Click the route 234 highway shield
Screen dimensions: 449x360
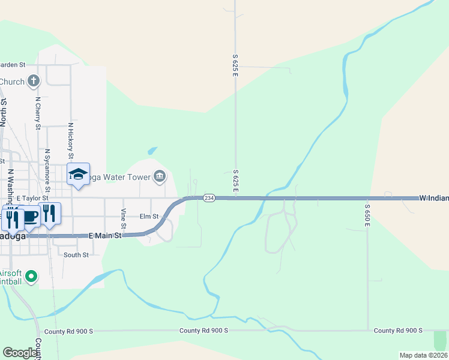click(208, 198)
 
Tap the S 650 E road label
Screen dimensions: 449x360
click(367, 215)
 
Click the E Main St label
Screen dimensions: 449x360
click(105, 236)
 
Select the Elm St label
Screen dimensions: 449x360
click(149, 216)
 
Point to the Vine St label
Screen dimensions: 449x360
click(123, 218)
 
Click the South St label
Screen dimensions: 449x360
click(76, 255)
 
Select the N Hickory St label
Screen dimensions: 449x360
click(70, 142)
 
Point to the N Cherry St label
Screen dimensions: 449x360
click(37, 113)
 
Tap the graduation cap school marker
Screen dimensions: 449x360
click(77, 175)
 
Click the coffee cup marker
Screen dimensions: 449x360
click(30, 217)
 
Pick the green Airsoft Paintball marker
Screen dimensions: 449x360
click(30, 277)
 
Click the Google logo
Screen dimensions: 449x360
click(19, 353)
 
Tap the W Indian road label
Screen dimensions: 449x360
click(433, 197)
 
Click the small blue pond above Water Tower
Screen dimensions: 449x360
click(152, 150)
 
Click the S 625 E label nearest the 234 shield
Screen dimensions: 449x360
click(235, 181)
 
